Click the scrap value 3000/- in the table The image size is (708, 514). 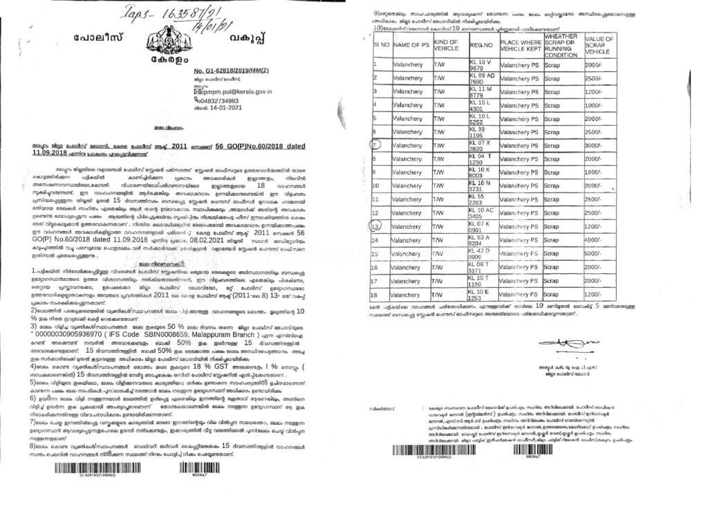594,146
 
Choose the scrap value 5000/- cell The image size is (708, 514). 594,253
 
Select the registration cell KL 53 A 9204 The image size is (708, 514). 483,239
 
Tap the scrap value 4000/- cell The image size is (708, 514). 594,239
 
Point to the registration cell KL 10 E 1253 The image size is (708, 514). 482,294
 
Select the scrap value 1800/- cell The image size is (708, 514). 594,172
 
